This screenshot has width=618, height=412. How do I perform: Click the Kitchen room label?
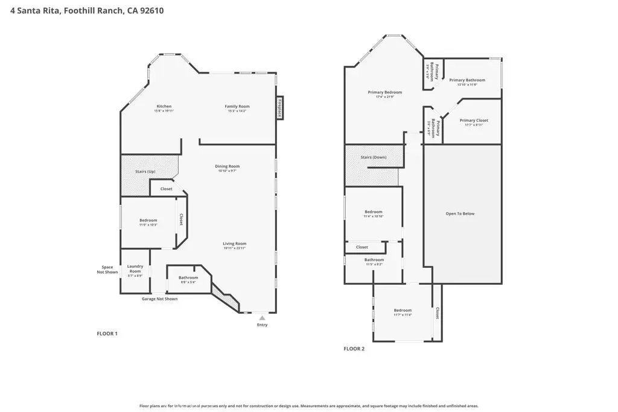click(164, 107)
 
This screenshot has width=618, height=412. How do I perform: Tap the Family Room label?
click(238, 107)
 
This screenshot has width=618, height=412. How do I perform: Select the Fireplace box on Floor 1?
click(280, 108)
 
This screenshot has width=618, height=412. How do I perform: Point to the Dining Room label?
click(228, 166)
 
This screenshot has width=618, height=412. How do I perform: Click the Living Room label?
click(234, 244)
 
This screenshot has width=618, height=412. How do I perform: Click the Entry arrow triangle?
click(261, 317)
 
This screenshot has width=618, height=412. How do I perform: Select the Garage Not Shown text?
click(159, 299)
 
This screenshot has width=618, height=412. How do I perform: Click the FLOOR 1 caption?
click(107, 334)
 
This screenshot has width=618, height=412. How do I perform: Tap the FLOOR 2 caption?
click(354, 349)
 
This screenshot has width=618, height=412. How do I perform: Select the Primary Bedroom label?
click(385, 93)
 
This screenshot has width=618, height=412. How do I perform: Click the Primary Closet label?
click(474, 121)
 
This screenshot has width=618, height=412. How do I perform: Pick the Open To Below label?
click(460, 214)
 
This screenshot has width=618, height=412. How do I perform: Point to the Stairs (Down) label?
click(374, 157)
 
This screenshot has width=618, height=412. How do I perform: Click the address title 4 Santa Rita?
click(88, 10)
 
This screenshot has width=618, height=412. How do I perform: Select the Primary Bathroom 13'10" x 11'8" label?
click(467, 81)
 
